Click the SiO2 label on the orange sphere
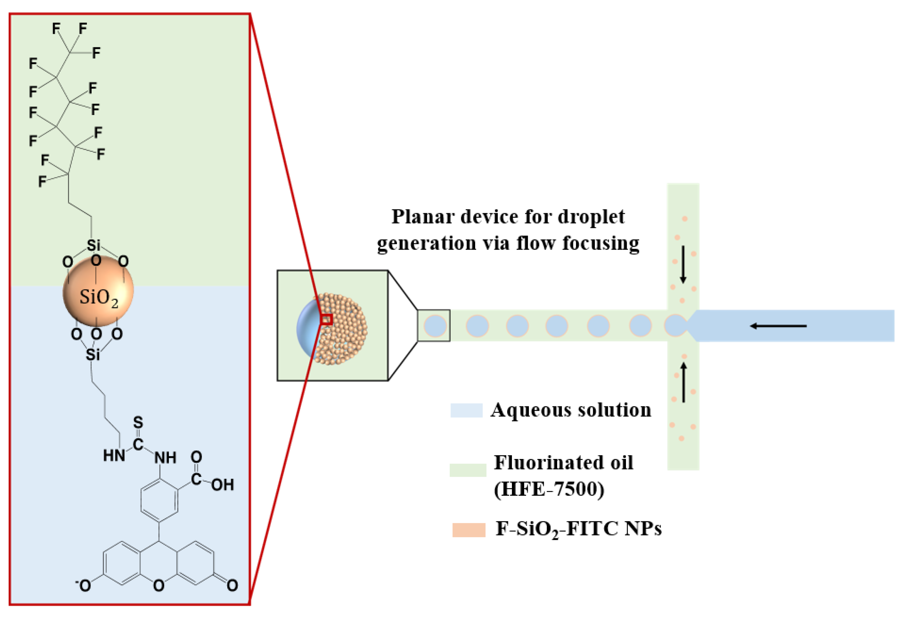pos(99,298)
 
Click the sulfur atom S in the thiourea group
pos(138,423)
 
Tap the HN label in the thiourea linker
pos(114,455)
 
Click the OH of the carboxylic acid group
pos(223,485)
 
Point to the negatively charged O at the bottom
pos(84,585)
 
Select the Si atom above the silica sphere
pos(93,245)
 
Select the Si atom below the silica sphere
pos(93,355)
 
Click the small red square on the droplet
pos(327,319)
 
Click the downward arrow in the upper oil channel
pos(683,264)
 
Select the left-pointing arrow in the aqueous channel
pos(778,326)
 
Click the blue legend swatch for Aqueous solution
pos(466,410)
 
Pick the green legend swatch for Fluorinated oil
pos(467,470)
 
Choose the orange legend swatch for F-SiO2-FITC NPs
pos(469,530)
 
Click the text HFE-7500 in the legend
pos(549,489)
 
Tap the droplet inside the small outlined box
pos(435,326)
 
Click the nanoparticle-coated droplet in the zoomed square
pos(333,329)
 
